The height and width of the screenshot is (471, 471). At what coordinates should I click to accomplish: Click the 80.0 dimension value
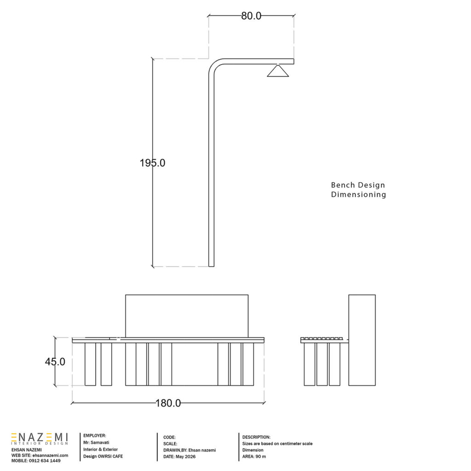[251, 16]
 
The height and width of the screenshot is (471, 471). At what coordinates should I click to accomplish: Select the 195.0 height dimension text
[152, 163]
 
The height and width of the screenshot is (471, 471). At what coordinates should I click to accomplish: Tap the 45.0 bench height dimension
[55, 362]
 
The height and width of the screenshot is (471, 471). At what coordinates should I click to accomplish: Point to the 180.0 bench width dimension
[168, 403]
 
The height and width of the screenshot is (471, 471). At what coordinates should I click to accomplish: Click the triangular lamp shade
[278, 71]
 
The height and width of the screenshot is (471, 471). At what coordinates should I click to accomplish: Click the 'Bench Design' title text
[358, 185]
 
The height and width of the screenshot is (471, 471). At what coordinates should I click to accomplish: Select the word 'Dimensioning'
[358, 195]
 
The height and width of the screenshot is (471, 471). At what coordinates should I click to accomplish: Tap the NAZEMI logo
[40, 439]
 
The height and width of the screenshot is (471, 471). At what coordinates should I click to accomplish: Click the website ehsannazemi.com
[50, 455]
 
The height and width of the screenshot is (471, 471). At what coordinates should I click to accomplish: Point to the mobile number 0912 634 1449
[45, 460]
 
